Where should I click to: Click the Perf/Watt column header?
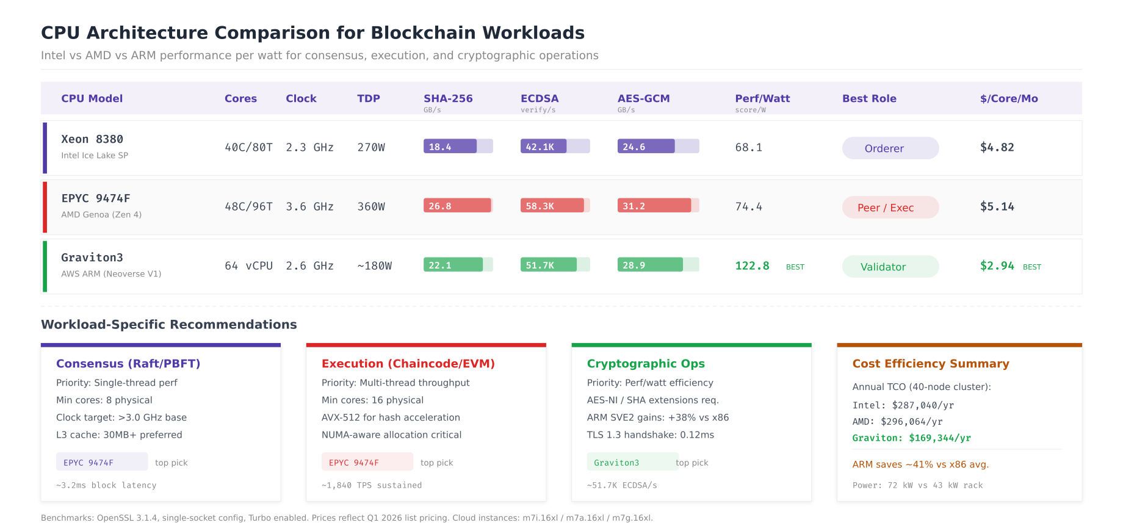[762, 98]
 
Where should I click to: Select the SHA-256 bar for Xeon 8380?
[458, 146]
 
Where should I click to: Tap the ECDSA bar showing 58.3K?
[555, 206]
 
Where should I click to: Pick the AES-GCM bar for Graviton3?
[658, 265]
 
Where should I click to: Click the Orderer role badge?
[890, 148]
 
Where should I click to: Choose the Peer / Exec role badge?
[890, 208]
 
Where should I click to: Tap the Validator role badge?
[890, 267]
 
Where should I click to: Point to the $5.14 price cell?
[997, 207]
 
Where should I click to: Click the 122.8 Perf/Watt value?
[752, 266]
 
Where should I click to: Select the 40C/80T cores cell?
[248, 148]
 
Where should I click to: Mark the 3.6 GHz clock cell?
[309, 207]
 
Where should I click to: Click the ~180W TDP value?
[374, 266]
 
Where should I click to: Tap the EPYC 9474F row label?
[96, 198]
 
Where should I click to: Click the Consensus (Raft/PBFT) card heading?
[128, 364]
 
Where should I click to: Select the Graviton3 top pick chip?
[632, 462]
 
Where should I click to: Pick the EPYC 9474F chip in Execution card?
[367, 462]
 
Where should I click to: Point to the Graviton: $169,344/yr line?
[911, 438]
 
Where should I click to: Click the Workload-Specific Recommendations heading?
[169, 325]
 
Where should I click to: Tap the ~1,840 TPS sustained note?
[372, 485]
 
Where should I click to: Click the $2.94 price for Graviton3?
[997, 266]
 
